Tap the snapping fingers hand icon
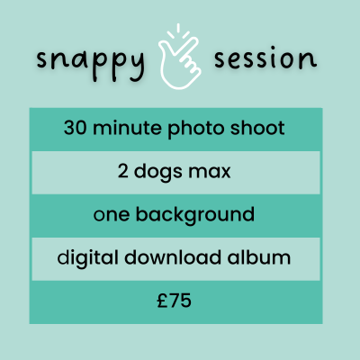pos(180,63)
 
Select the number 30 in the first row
pos(75,128)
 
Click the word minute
pos(127,128)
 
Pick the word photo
pos(195,129)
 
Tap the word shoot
pos(257,127)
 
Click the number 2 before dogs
pos(123,172)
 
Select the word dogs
pos(157,173)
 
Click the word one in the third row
pos(112,216)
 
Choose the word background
pos(195,216)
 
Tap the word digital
pos(87,258)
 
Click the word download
pos(173,257)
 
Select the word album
pos(259,257)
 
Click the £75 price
pos(174,301)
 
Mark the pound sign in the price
pos(162,301)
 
